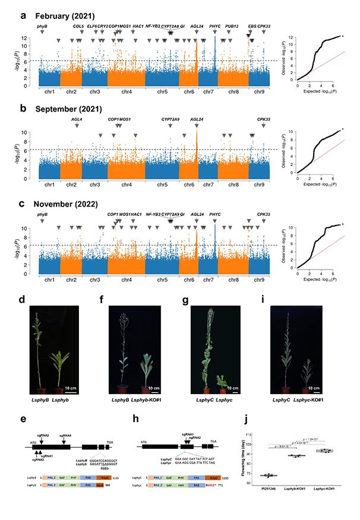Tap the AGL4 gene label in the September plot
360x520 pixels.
[x=77, y=119]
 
